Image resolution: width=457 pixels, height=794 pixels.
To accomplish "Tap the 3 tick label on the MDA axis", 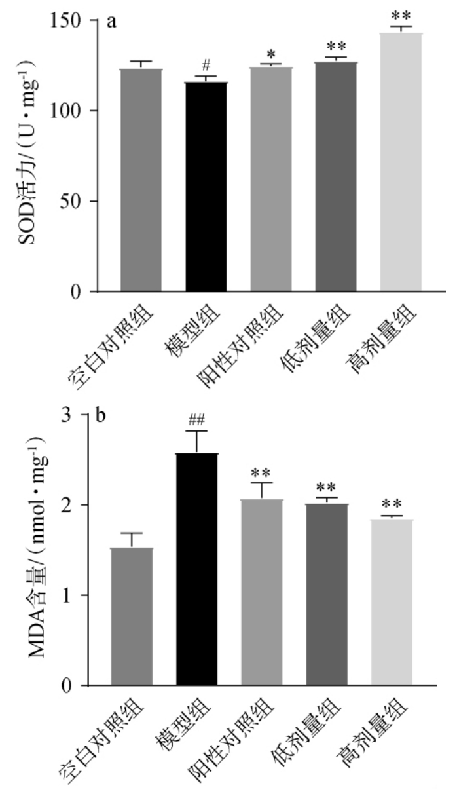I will [65, 415].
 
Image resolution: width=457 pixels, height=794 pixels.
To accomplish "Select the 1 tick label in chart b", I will [65, 595].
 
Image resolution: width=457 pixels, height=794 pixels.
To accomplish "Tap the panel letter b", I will [103, 416].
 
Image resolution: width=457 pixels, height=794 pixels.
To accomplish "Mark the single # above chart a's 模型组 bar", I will [206, 66].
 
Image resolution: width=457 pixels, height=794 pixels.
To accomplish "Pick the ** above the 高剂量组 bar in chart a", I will [401, 14].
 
